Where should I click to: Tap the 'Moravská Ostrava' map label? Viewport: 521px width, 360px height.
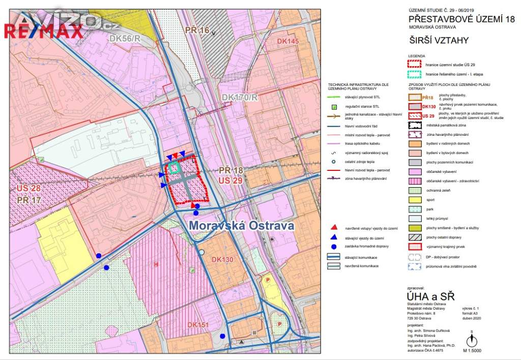pyautogui.click(x=242, y=225)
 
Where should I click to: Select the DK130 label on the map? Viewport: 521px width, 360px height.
pyautogui.click(x=220, y=260)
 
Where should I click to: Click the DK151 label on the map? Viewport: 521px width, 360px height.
pyautogui.click(x=198, y=325)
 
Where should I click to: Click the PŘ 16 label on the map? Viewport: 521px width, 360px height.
pyautogui.click(x=197, y=31)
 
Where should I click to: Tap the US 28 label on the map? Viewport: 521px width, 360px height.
pyautogui.click(x=29, y=189)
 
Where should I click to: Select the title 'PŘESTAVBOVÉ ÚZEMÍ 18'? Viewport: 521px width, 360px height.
pyautogui.click(x=462, y=19)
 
